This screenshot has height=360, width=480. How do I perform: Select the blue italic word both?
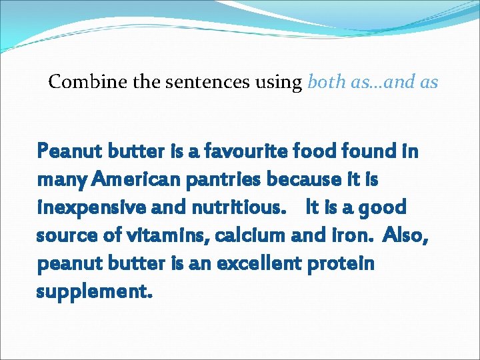click(323, 83)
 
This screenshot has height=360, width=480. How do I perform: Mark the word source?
click(65, 235)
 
